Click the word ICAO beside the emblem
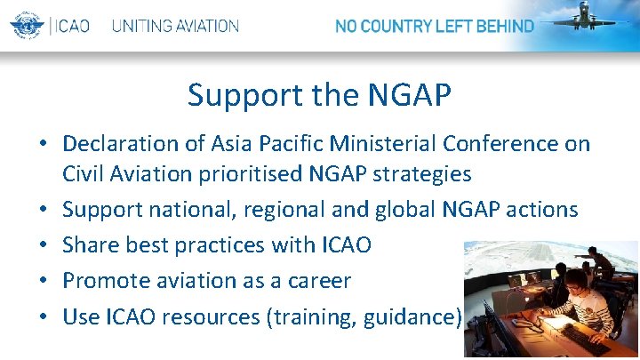[71, 26]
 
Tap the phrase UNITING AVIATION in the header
[175, 26]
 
